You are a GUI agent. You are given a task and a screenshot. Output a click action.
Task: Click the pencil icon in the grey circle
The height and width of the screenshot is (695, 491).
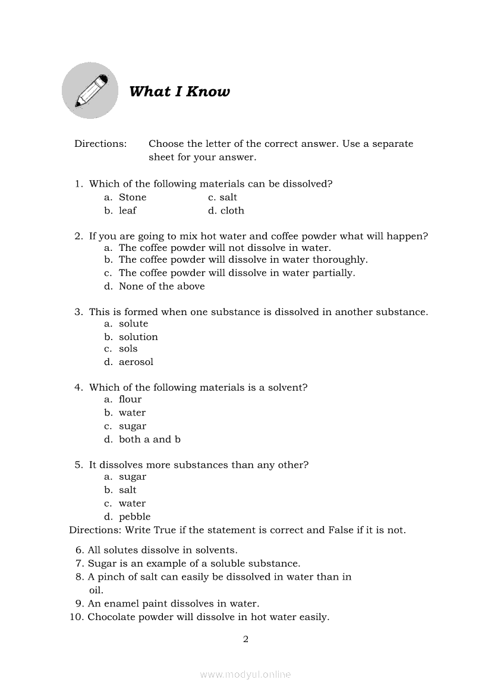coord(90,90)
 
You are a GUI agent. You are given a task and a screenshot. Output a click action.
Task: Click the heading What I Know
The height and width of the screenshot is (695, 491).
coord(179,92)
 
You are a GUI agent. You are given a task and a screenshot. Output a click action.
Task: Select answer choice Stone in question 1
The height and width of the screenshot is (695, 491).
coord(132,197)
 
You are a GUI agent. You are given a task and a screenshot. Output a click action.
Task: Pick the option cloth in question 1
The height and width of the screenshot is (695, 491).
coord(232,210)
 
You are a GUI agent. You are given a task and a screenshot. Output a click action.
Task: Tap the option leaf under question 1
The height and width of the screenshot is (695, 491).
coord(127,210)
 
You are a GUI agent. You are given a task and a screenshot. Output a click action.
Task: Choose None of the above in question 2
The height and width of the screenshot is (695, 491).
coord(161,286)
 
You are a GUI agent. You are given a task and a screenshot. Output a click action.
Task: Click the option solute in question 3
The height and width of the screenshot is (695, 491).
coord(133,323)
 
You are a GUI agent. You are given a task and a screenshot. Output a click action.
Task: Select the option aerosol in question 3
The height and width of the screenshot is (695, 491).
coord(136,361)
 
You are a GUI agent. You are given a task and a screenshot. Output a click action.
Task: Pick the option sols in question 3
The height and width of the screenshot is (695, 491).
coord(128,348)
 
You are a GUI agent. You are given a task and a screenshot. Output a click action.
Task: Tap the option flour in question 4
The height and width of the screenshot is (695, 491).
coord(130,400)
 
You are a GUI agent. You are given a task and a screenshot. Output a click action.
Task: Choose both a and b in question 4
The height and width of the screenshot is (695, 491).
coord(149,439)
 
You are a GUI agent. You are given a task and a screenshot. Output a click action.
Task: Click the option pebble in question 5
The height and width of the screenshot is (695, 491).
coord(134,517)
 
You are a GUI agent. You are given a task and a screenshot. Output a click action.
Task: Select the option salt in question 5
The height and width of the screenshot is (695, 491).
coord(127,490)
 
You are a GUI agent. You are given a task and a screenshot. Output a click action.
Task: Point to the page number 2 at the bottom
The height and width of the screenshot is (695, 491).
coord(245,640)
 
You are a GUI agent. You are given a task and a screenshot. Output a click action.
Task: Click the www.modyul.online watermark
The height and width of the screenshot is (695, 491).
coord(245,674)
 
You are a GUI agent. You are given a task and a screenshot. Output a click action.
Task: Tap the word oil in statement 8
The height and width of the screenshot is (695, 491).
coord(96,590)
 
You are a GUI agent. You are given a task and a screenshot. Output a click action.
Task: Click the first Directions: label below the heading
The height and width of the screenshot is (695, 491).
coord(100,144)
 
